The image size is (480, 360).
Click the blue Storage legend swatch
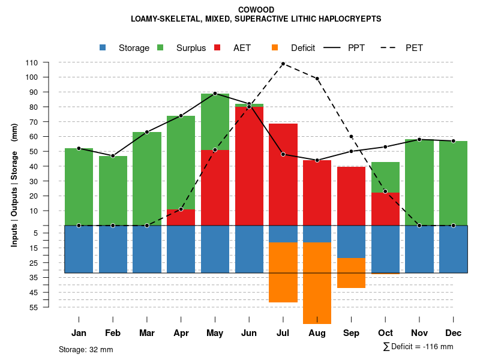click(x=103, y=48)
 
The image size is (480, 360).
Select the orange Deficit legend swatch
click(x=275, y=48)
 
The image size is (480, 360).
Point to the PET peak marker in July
click(x=283, y=64)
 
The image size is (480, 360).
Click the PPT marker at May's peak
click(x=215, y=94)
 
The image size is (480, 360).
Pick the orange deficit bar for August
click(x=317, y=282)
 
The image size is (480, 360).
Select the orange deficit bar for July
click(x=283, y=272)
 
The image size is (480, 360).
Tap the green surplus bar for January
click(x=79, y=187)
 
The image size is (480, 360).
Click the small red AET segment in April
click(x=181, y=217)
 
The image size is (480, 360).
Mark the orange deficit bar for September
click(x=351, y=273)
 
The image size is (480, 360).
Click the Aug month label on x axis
click(x=317, y=333)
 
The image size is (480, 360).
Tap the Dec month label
click(x=453, y=333)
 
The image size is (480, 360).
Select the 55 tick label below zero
click(x=34, y=307)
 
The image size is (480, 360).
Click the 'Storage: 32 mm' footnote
click(x=86, y=349)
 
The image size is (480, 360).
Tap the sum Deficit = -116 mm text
click(x=418, y=347)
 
